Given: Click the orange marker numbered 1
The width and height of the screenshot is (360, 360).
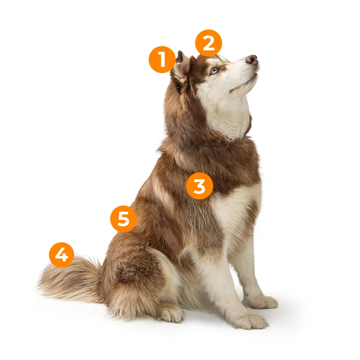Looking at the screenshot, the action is click(162, 60).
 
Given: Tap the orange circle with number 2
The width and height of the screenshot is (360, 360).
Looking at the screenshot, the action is click(208, 43).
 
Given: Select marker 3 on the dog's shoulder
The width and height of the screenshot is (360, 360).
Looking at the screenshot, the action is click(199, 186).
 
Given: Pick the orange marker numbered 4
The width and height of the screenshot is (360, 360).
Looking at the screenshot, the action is click(62, 255).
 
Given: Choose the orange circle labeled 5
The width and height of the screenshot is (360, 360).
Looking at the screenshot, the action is click(123, 219).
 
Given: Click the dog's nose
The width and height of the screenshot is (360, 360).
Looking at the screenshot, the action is click(252, 60).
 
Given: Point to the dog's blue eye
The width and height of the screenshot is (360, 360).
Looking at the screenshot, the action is click(214, 71).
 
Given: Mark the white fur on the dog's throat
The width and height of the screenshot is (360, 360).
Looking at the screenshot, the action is click(230, 115).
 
